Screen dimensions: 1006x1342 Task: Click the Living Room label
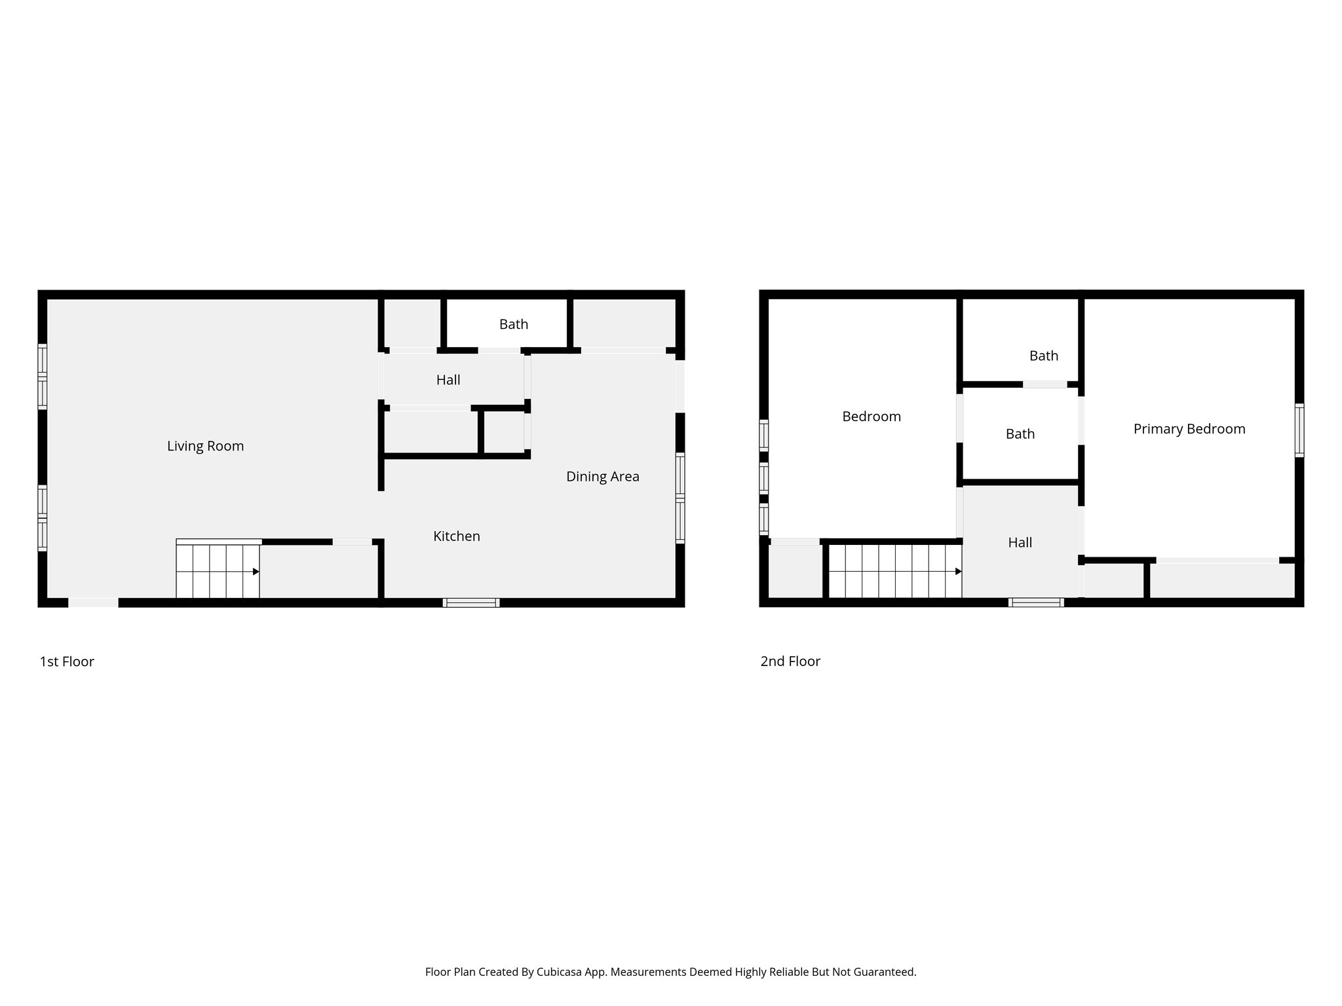[x=205, y=446]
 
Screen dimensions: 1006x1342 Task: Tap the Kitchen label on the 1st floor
[x=457, y=536]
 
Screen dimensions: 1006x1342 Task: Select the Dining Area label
[x=602, y=477]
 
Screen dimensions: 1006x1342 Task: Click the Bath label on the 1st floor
[x=514, y=324]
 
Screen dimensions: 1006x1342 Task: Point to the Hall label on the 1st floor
[x=448, y=380]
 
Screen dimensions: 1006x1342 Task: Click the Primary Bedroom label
[x=1189, y=429]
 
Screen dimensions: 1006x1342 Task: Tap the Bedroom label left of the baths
[x=871, y=417]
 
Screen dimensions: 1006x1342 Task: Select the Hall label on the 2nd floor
[x=1020, y=542]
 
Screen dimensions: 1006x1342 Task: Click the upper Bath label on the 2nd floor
[x=1043, y=356]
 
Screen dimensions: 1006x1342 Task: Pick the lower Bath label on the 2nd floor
[x=1020, y=434]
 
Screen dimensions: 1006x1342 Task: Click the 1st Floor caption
[x=67, y=661]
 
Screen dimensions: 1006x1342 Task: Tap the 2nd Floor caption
[x=790, y=661]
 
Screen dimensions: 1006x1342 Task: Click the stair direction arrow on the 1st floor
[x=256, y=572]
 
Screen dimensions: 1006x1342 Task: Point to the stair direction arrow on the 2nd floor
[x=958, y=572]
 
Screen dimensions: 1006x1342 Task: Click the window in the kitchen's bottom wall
[x=470, y=603]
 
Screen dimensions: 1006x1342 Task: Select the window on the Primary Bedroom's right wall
[x=1299, y=430]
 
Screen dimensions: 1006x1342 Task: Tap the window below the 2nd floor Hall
[x=1035, y=603]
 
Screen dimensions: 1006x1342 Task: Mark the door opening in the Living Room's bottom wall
[x=94, y=603]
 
